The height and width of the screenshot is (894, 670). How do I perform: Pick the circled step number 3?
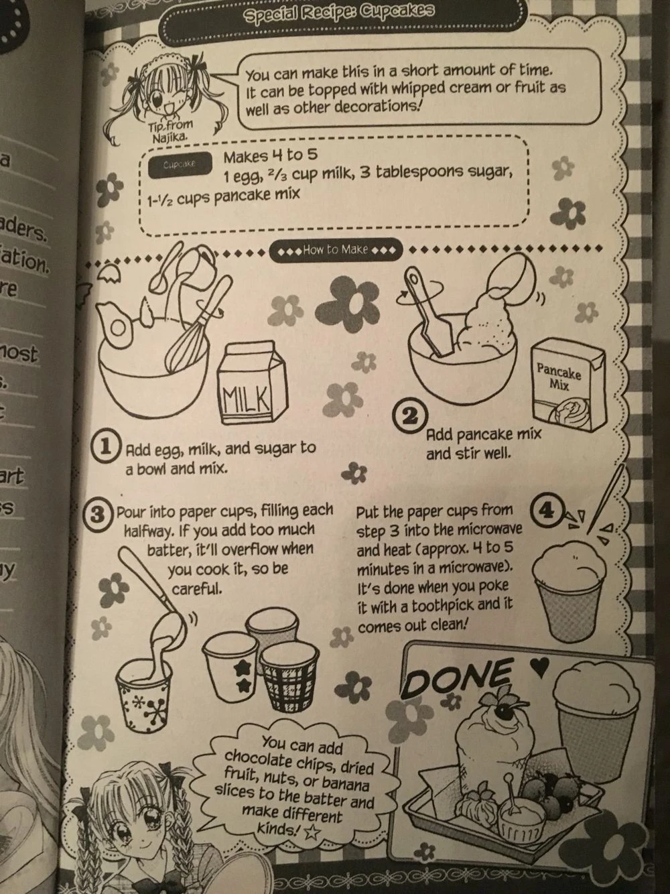point(98,515)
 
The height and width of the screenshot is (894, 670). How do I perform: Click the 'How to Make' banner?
point(335,250)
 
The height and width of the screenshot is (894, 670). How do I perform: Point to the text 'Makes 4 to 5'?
point(263,157)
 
